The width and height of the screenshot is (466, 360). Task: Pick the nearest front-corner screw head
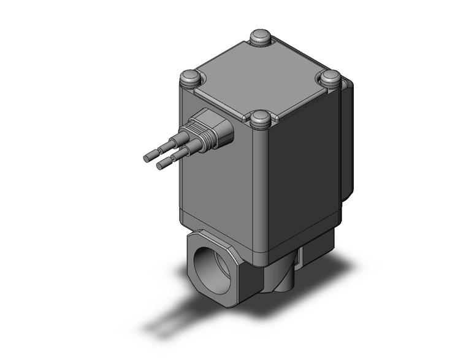261,118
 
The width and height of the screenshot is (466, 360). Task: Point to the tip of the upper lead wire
147,157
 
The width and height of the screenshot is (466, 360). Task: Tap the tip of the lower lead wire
161,166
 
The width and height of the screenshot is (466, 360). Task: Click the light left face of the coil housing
218,178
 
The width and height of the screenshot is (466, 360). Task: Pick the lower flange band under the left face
218,230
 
